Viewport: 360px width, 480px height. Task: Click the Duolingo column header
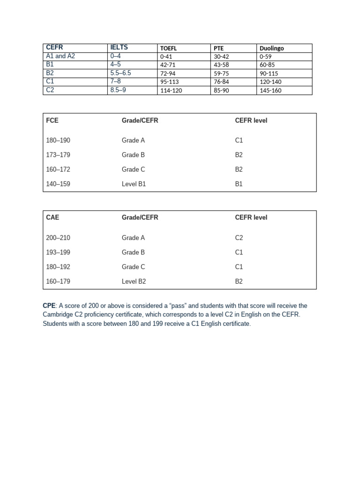[x=271, y=48]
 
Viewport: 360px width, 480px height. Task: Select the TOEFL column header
[x=170, y=48]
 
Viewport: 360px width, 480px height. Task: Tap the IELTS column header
[x=119, y=47]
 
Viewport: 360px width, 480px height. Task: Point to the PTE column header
[x=219, y=48]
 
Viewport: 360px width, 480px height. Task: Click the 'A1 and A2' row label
[x=60, y=56]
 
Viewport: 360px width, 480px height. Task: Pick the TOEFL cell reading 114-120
[x=171, y=90]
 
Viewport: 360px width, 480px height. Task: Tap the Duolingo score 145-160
[x=270, y=90]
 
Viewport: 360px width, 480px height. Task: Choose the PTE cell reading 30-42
[x=221, y=56]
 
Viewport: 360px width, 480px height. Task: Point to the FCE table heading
[x=52, y=120]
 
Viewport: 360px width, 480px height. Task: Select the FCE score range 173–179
[x=58, y=155]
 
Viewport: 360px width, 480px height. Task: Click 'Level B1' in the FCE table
[x=134, y=184]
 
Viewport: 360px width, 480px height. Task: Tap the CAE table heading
[x=52, y=217]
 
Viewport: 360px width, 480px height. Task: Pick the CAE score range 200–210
[x=58, y=238]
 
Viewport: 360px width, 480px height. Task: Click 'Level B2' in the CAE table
[x=134, y=281]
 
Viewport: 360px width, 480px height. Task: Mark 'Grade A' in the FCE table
[x=133, y=140]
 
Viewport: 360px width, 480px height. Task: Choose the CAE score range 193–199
[x=58, y=252]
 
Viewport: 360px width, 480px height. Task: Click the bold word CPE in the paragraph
[x=49, y=306]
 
